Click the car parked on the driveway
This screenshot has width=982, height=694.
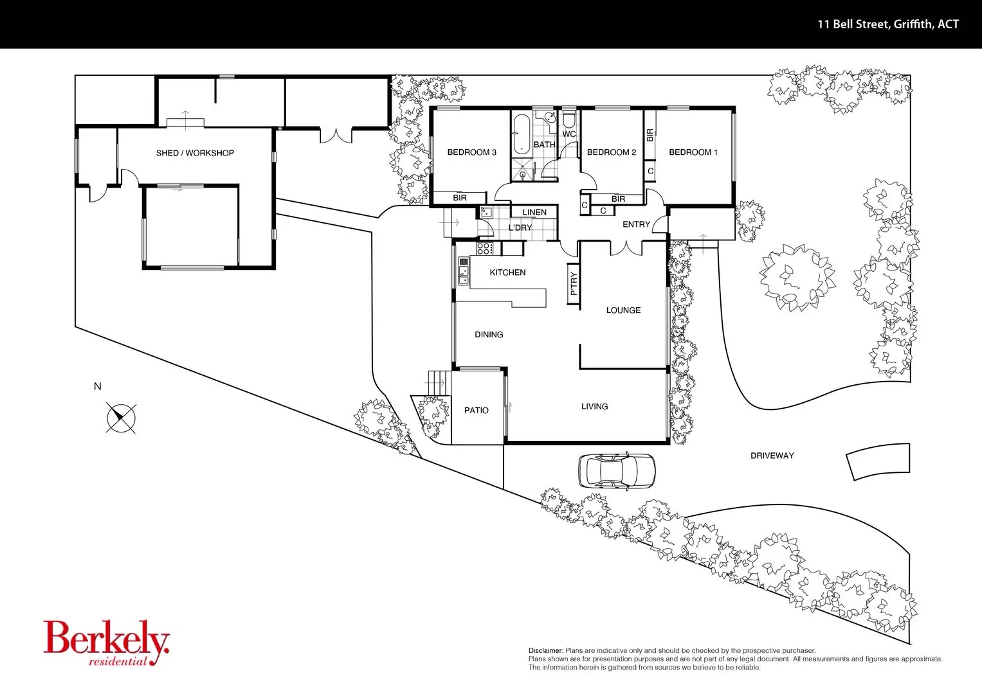pyautogui.click(x=616, y=471)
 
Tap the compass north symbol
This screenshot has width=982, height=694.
pyautogui.click(x=121, y=418)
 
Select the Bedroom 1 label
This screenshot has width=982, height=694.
pyautogui.click(x=693, y=152)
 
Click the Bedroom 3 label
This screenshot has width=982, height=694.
pyautogui.click(x=471, y=152)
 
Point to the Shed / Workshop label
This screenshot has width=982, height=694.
pyautogui.click(x=195, y=153)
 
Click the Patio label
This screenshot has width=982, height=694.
pyautogui.click(x=476, y=410)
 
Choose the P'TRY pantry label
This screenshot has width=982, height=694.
pyautogui.click(x=574, y=283)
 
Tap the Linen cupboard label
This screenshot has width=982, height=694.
pyautogui.click(x=534, y=212)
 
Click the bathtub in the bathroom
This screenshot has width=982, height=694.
pyautogui.click(x=520, y=134)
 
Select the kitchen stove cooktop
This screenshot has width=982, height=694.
pyautogui.click(x=484, y=248)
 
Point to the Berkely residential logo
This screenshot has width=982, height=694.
pyautogui.click(x=107, y=643)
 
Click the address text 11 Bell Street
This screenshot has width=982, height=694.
pyautogui.click(x=887, y=24)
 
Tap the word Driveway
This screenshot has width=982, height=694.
pyautogui.click(x=772, y=456)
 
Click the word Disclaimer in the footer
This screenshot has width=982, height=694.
pyautogui.click(x=545, y=651)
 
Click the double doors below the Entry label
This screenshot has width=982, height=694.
pyautogui.click(x=624, y=247)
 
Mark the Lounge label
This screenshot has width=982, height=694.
pyautogui.click(x=623, y=310)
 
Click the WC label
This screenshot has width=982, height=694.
pyautogui.click(x=569, y=134)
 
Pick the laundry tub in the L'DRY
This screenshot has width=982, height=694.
pyautogui.click(x=486, y=213)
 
